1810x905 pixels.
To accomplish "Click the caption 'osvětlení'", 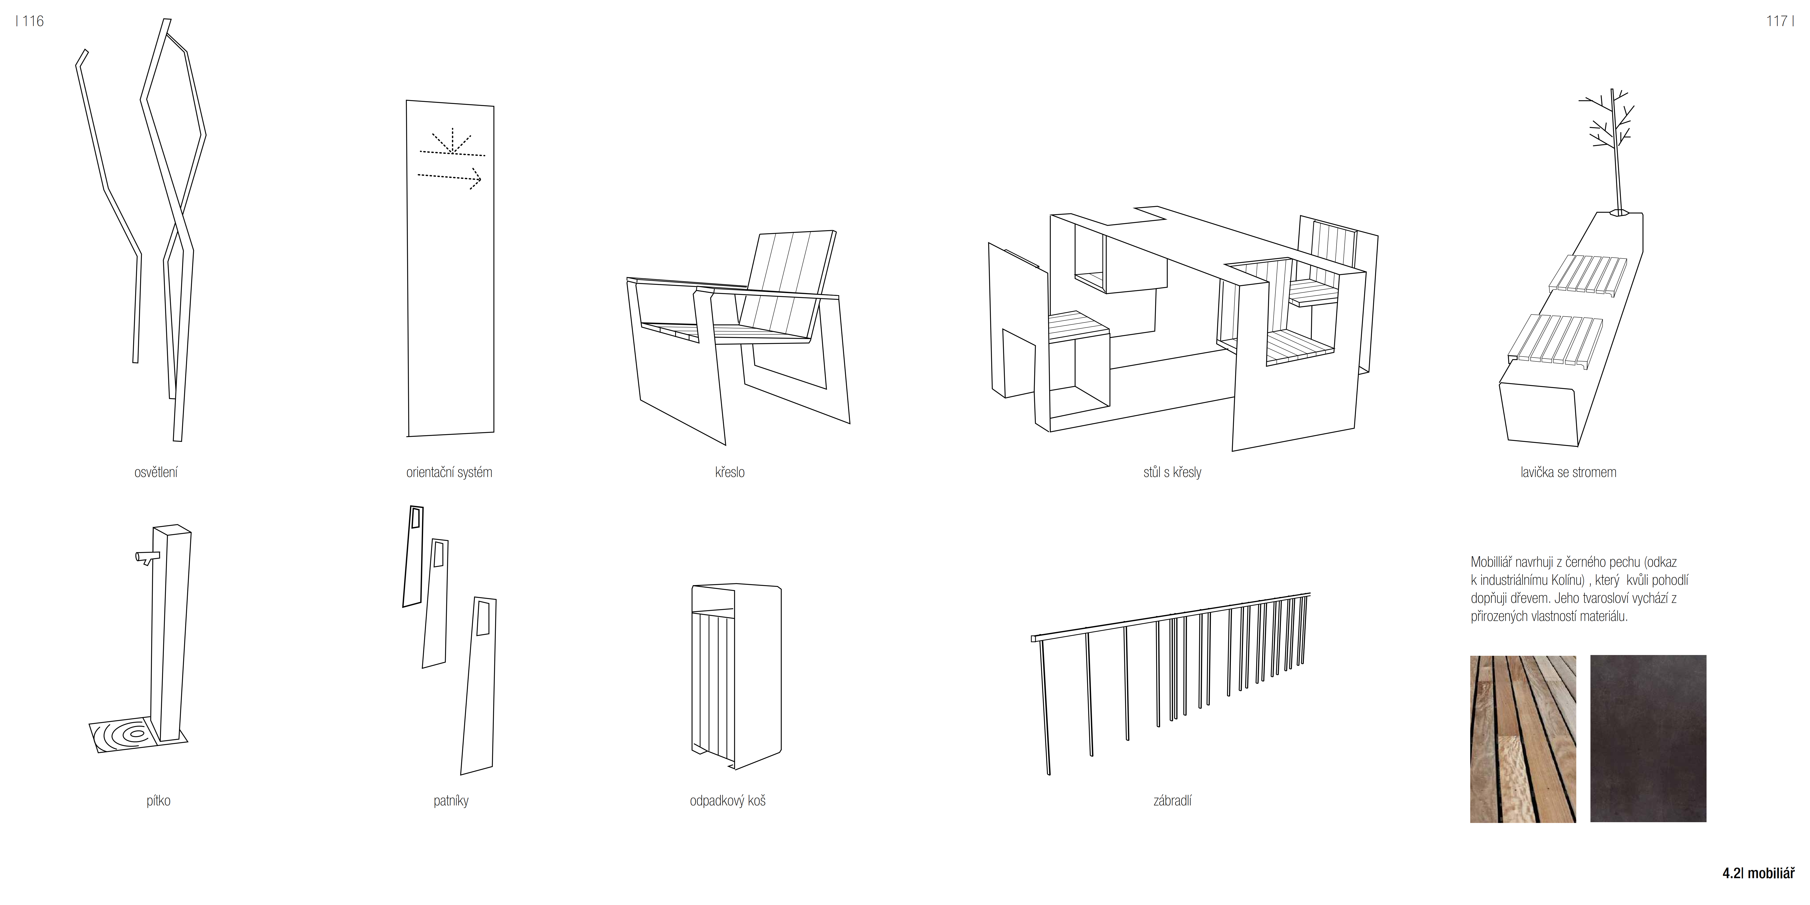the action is tap(156, 472).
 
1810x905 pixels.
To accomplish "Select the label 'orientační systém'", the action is tap(449, 472).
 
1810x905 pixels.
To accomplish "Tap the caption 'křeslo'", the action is tap(729, 472).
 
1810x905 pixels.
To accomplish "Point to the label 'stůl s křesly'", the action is tap(1172, 472).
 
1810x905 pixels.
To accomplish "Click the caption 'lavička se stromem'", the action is tap(1568, 472).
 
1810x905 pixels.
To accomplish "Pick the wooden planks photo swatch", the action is tap(1523, 739).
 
